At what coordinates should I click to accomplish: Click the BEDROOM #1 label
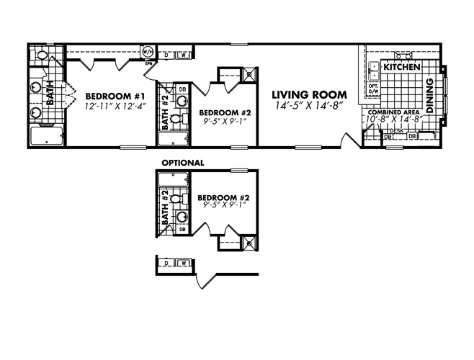click(x=116, y=96)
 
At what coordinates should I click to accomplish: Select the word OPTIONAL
click(x=182, y=163)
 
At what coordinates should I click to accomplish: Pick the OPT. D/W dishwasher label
click(x=373, y=90)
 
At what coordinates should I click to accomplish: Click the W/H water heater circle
click(x=147, y=53)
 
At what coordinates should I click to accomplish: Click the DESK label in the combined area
click(x=397, y=130)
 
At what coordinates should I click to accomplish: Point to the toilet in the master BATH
click(x=42, y=55)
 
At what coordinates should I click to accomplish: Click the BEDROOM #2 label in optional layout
click(x=224, y=197)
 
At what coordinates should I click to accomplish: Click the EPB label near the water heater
click(x=148, y=63)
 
